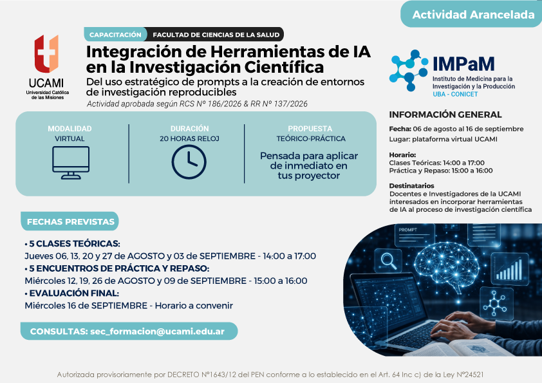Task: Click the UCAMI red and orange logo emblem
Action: pyautogui.click(x=46, y=53)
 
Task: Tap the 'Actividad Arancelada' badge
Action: pyautogui.click(x=472, y=15)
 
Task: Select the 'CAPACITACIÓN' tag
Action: pyautogui.click(x=115, y=35)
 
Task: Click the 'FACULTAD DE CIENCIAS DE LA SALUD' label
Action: pyautogui.click(x=216, y=35)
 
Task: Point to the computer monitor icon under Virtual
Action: pyautogui.click(x=71, y=162)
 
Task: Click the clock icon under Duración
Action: pyautogui.click(x=189, y=162)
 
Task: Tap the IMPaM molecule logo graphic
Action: pyautogui.click(x=409, y=70)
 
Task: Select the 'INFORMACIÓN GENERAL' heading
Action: pyautogui.click(x=445, y=115)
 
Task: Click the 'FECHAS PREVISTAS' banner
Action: pyautogui.click(x=70, y=221)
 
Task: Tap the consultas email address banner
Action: pyautogui.click(x=129, y=331)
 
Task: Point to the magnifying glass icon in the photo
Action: pyautogui.click(x=389, y=261)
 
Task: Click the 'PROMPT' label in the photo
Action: pyautogui.click(x=408, y=230)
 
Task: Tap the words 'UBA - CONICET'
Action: pyautogui.click(x=455, y=94)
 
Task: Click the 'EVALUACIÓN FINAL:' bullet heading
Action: pyautogui.click(x=72, y=293)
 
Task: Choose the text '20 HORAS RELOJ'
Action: pyautogui.click(x=189, y=138)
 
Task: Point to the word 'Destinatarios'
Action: pyautogui.click(x=411, y=185)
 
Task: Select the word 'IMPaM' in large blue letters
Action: pyautogui.click(x=463, y=64)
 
